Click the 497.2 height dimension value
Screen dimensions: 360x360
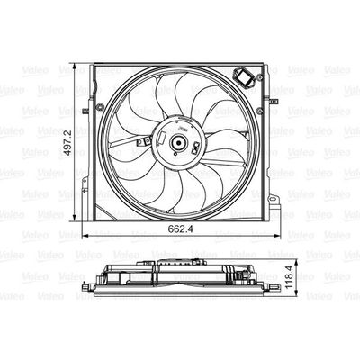click(68, 142)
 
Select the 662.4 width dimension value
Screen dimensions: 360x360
click(180, 229)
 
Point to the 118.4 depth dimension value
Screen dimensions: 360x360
click(289, 276)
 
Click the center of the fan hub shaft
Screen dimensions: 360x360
click(178, 143)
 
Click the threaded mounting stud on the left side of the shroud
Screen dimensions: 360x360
click(85, 112)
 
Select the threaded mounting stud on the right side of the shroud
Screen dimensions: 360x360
click(273, 101)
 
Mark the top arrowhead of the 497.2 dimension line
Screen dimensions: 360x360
click(75, 67)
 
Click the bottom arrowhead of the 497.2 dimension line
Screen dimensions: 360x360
click(75, 217)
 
